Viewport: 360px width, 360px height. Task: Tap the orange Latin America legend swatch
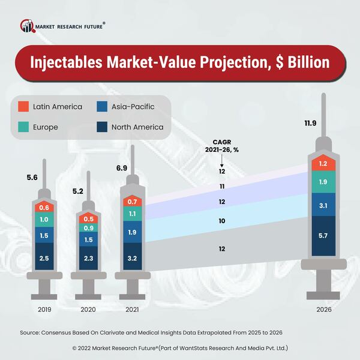[23, 107]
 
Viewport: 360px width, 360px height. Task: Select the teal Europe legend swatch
[23, 127]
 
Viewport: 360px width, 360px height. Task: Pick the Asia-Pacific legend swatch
[102, 107]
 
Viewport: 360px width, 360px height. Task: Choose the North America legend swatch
[102, 127]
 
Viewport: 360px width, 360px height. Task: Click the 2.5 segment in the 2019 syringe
[44, 259]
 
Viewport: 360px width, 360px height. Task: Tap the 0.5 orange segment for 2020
[88, 218]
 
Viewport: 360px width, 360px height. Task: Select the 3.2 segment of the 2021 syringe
[133, 253]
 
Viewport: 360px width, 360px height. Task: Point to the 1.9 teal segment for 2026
[323, 181]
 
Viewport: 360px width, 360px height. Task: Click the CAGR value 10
[222, 221]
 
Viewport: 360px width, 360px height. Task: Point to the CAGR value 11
[222, 187]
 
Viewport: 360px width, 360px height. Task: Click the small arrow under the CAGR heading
[222, 160]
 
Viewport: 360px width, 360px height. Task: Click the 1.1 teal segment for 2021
[133, 214]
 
